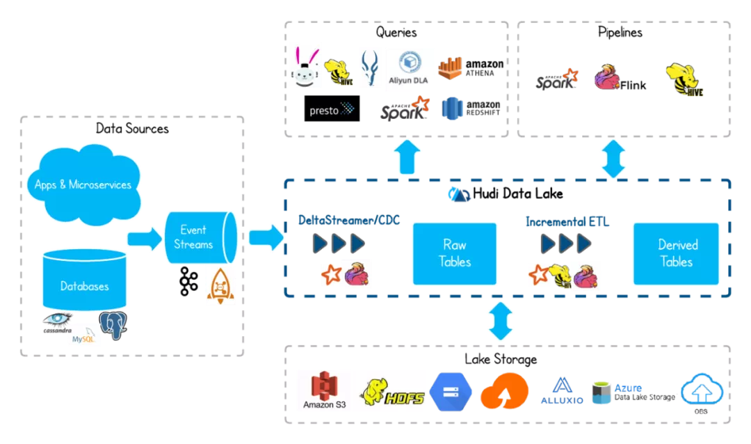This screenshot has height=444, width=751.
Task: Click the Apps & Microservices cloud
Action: coord(83,182)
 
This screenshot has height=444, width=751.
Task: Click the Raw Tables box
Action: coord(455,253)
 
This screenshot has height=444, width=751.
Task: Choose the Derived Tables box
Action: coord(676,253)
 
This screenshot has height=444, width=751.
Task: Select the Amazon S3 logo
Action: coord(323,390)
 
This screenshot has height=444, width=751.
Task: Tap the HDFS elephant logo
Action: coord(392,390)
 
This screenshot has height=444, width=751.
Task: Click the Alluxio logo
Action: coord(562,390)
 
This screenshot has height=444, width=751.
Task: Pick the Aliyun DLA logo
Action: coord(410,69)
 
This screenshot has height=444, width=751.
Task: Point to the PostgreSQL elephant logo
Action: coord(114,325)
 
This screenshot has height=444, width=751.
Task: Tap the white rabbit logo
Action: coord(305,68)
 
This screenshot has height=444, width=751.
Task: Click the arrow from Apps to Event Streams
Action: coord(144,238)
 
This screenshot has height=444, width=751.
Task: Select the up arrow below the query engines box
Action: coord(407,158)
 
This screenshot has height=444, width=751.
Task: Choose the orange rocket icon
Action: coord(220,285)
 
